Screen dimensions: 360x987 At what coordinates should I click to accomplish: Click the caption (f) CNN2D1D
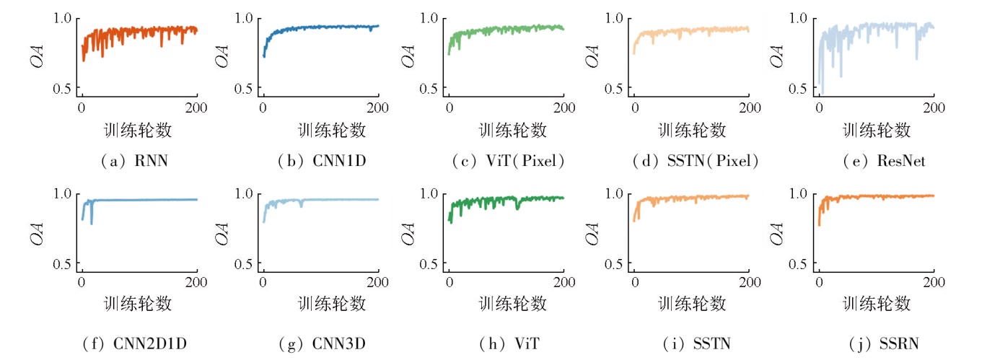click(139, 344)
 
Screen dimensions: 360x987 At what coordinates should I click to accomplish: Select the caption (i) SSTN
click(693, 344)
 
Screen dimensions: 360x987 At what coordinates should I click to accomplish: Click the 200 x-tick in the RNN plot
click(197, 108)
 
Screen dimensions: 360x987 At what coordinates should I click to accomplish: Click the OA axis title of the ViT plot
click(408, 230)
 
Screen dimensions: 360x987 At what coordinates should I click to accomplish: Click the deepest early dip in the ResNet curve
click(822, 93)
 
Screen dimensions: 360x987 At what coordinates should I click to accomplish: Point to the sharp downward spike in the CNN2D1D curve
click(92, 223)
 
